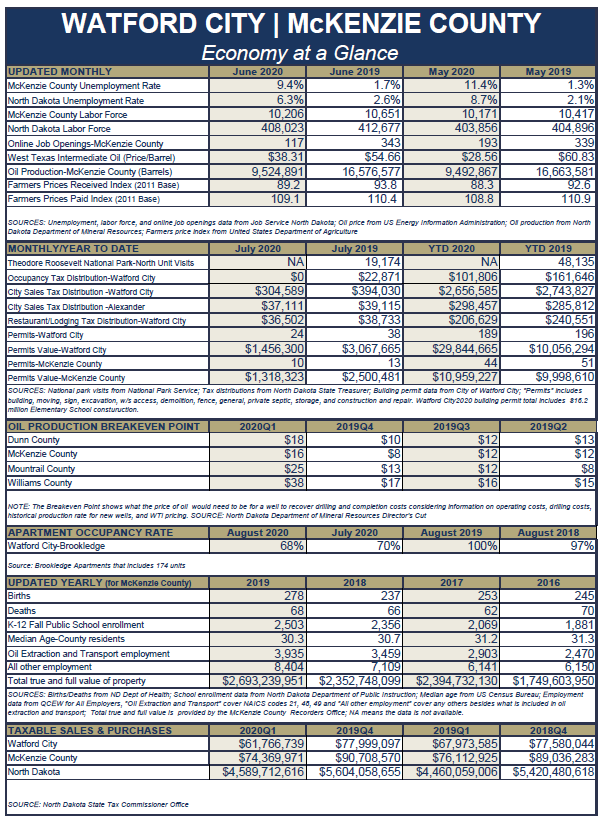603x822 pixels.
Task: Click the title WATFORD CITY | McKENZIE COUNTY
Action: coord(301,24)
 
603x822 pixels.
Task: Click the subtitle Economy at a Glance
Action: coord(301,53)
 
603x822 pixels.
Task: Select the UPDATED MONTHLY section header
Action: coord(60,72)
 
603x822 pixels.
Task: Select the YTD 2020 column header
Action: coord(450,248)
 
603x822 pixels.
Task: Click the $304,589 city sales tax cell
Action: coord(275,291)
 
